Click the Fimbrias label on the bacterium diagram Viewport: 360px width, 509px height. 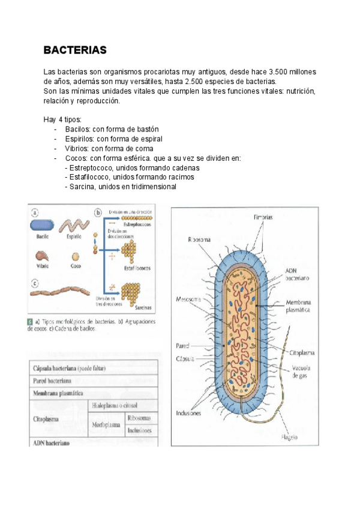(264, 217)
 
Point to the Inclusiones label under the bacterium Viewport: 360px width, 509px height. (188, 414)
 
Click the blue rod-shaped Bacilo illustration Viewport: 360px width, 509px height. (43, 226)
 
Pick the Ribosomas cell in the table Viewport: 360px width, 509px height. (140, 417)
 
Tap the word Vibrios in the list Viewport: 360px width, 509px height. (77, 148)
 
